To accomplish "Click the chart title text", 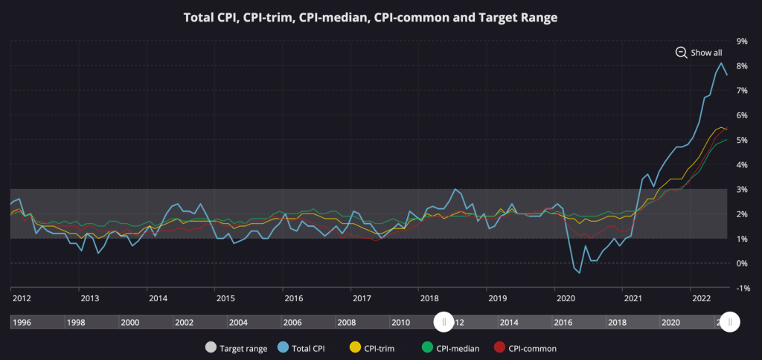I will [371, 17].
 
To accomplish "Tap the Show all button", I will [698, 52].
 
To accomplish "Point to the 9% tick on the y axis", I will [741, 41].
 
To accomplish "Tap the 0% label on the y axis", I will [741, 263].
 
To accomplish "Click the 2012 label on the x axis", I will [21, 298].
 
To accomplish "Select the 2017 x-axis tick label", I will [362, 298].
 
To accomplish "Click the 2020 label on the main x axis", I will [566, 298].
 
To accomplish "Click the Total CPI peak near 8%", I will [720, 63].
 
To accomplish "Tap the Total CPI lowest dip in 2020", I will [580, 272].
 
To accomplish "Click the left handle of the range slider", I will [444, 322].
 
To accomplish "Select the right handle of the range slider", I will [730, 322].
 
